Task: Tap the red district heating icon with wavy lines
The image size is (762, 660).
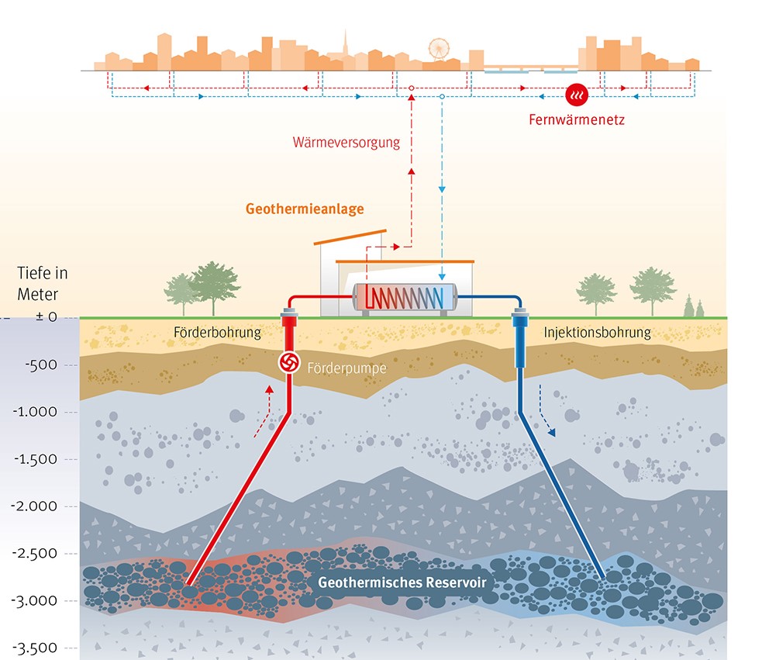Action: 576,95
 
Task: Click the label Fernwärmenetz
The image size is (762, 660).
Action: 576,120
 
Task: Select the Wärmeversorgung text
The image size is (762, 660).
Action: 346,142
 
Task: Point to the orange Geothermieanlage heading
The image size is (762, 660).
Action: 304,209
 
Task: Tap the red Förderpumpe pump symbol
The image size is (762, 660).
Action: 289,363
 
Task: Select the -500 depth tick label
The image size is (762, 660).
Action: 37,365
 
